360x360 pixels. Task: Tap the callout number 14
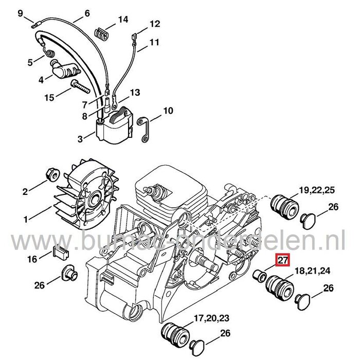click(x=122, y=20)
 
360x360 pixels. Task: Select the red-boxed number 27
click(x=282, y=260)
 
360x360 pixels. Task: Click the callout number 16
click(x=32, y=260)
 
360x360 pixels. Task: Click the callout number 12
click(x=155, y=24)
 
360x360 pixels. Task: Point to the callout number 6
click(x=86, y=13)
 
